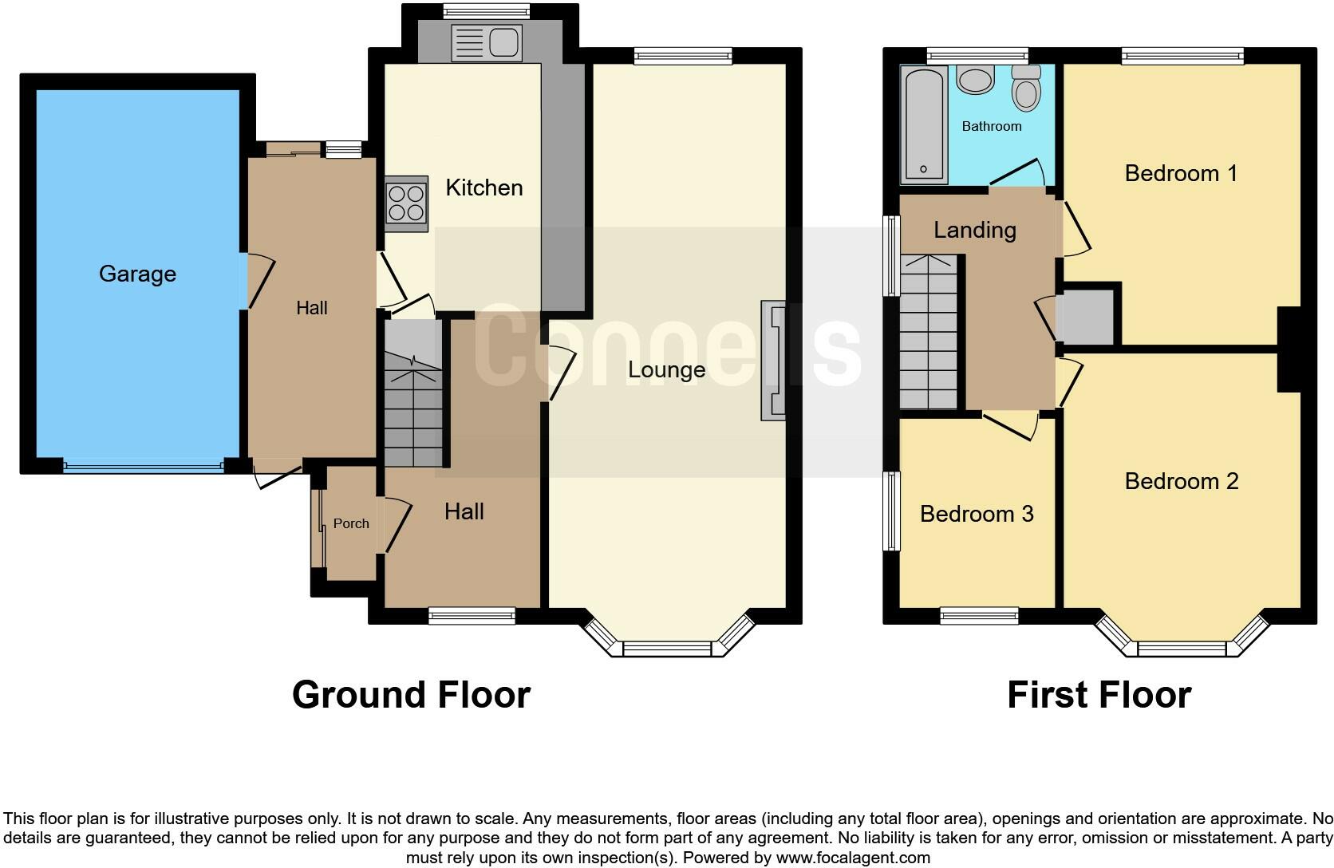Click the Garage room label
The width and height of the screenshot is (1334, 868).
(137, 274)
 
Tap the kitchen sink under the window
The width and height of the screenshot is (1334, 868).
(486, 42)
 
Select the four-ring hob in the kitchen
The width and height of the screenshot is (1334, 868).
(406, 203)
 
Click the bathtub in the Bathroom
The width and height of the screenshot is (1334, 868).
(924, 124)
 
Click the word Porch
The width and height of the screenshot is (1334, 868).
(351, 523)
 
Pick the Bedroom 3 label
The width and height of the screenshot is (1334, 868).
(977, 514)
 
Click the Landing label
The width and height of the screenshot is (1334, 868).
(974, 230)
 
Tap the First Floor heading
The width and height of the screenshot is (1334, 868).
(1099, 694)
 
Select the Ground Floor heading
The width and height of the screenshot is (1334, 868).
(411, 694)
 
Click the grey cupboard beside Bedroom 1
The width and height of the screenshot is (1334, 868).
(1086, 317)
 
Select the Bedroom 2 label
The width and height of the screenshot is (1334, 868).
(1181, 481)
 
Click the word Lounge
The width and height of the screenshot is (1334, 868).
(666, 369)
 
